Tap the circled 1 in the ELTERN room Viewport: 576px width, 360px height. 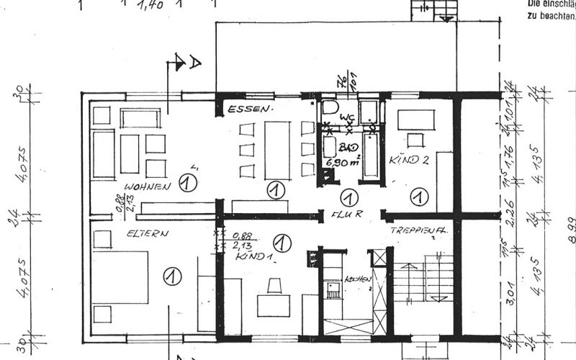pyautogui.click(x=171, y=274)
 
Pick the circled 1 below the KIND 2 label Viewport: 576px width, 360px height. pyautogui.click(x=417, y=195)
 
